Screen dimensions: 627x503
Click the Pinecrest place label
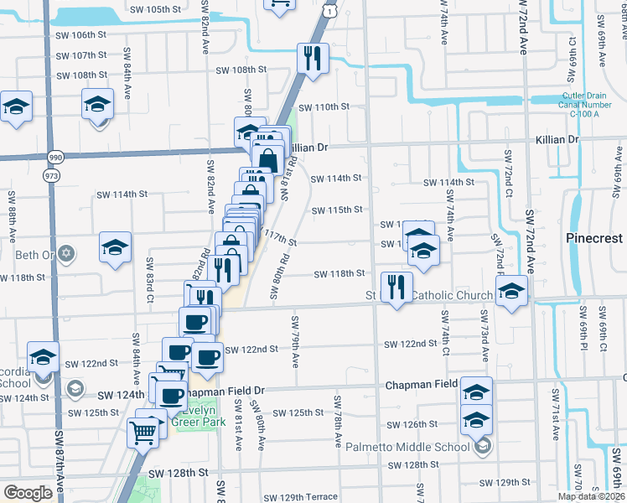tap(591, 236)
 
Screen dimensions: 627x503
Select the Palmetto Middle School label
tap(417, 447)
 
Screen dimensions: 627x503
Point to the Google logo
tap(28, 493)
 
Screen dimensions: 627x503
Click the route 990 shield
tap(55, 157)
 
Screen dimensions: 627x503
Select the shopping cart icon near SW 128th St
tap(143, 433)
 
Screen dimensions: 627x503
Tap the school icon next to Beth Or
tap(115, 247)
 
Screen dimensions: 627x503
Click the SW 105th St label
tap(156, 9)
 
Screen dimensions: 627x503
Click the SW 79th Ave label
tap(295, 341)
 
